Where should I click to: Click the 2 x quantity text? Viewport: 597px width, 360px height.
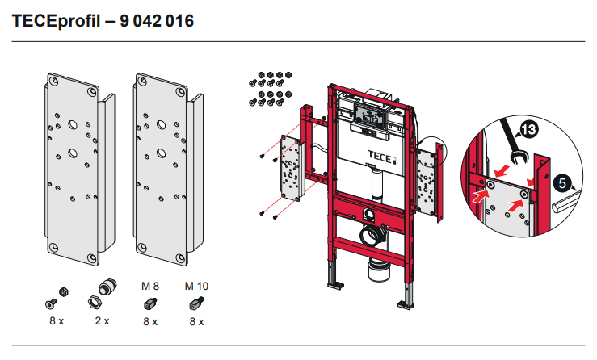point(101,321)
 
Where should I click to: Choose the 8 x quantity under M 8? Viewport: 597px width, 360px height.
point(149,321)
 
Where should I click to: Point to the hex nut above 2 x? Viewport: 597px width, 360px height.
point(96,304)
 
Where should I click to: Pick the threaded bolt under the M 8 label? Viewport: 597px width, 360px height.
point(149,303)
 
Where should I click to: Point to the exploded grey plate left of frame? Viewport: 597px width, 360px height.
point(289,168)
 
